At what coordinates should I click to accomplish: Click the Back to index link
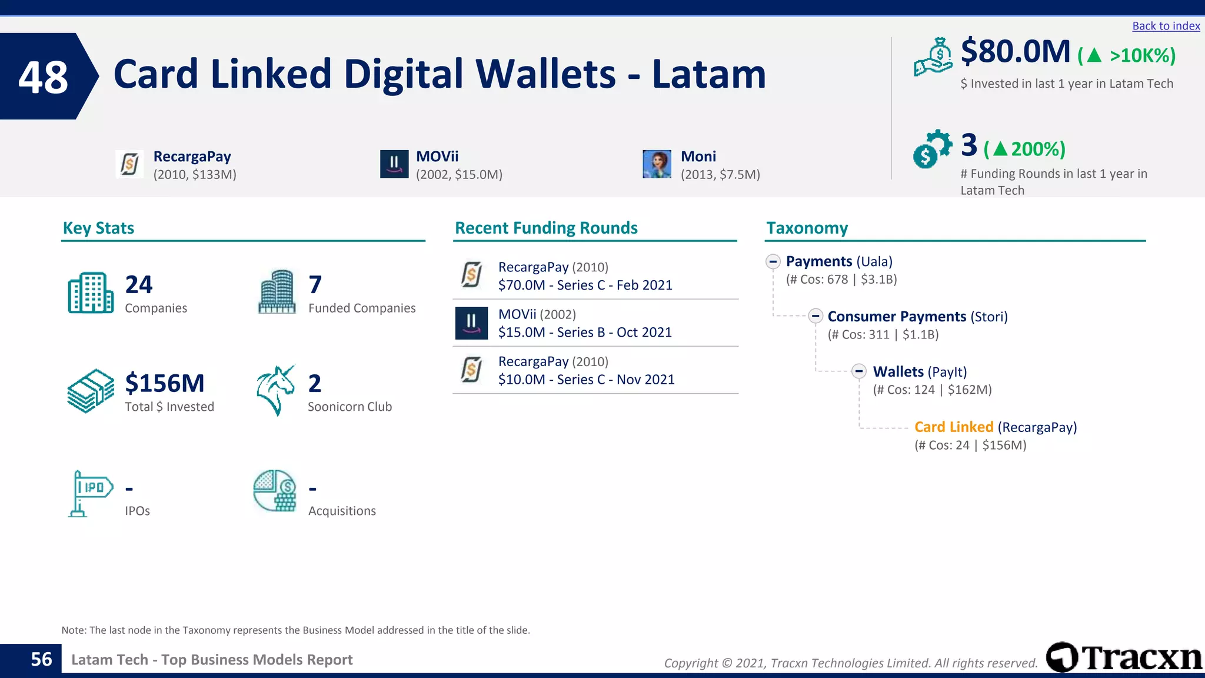pyautogui.click(x=1166, y=26)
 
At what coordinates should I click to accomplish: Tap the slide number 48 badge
pyautogui.click(x=44, y=77)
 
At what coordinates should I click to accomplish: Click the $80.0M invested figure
pyautogui.click(x=1015, y=52)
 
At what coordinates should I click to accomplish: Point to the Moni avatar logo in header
pyautogui.click(x=657, y=164)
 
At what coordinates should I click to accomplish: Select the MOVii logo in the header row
pyautogui.click(x=394, y=164)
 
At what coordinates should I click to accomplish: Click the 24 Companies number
pyautogui.click(x=139, y=285)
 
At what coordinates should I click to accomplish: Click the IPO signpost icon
pyautogui.click(x=90, y=493)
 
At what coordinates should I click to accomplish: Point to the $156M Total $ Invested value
pyautogui.click(x=165, y=384)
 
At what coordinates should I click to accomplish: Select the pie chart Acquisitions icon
pyautogui.click(x=275, y=491)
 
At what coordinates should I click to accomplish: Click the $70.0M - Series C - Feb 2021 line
pyautogui.click(x=585, y=285)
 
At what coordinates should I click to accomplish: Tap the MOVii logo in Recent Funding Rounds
pyautogui.click(x=471, y=323)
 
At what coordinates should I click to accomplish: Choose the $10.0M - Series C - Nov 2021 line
pyautogui.click(x=586, y=380)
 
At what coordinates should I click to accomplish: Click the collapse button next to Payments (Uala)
pyautogui.click(x=773, y=261)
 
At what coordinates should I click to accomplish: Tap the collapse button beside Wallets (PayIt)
pyautogui.click(x=859, y=371)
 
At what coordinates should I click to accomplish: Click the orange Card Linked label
pyautogui.click(x=953, y=427)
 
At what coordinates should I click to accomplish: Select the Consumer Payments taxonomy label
pyautogui.click(x=896, y=317)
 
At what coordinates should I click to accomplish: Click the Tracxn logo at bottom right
pyautogui.click(x=1124, y=657)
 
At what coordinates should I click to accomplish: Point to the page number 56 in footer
pyautogui.click(x=41, y=659)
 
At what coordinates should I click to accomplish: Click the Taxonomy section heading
pyautogui.click(x=807, y=228)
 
